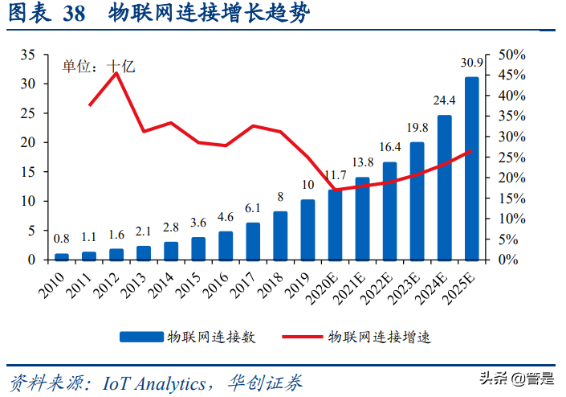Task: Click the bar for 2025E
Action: click(x=471, y=169)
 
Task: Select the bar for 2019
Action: click(x=307, y=230)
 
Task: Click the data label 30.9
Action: click(x=471, y=63)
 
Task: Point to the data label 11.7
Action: click(x=335, y=175)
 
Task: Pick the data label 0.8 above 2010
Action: click(x=62, y=239)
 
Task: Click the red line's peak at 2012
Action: click(x=116, y=73)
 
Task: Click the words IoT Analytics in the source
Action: click(x=153, y=383)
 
